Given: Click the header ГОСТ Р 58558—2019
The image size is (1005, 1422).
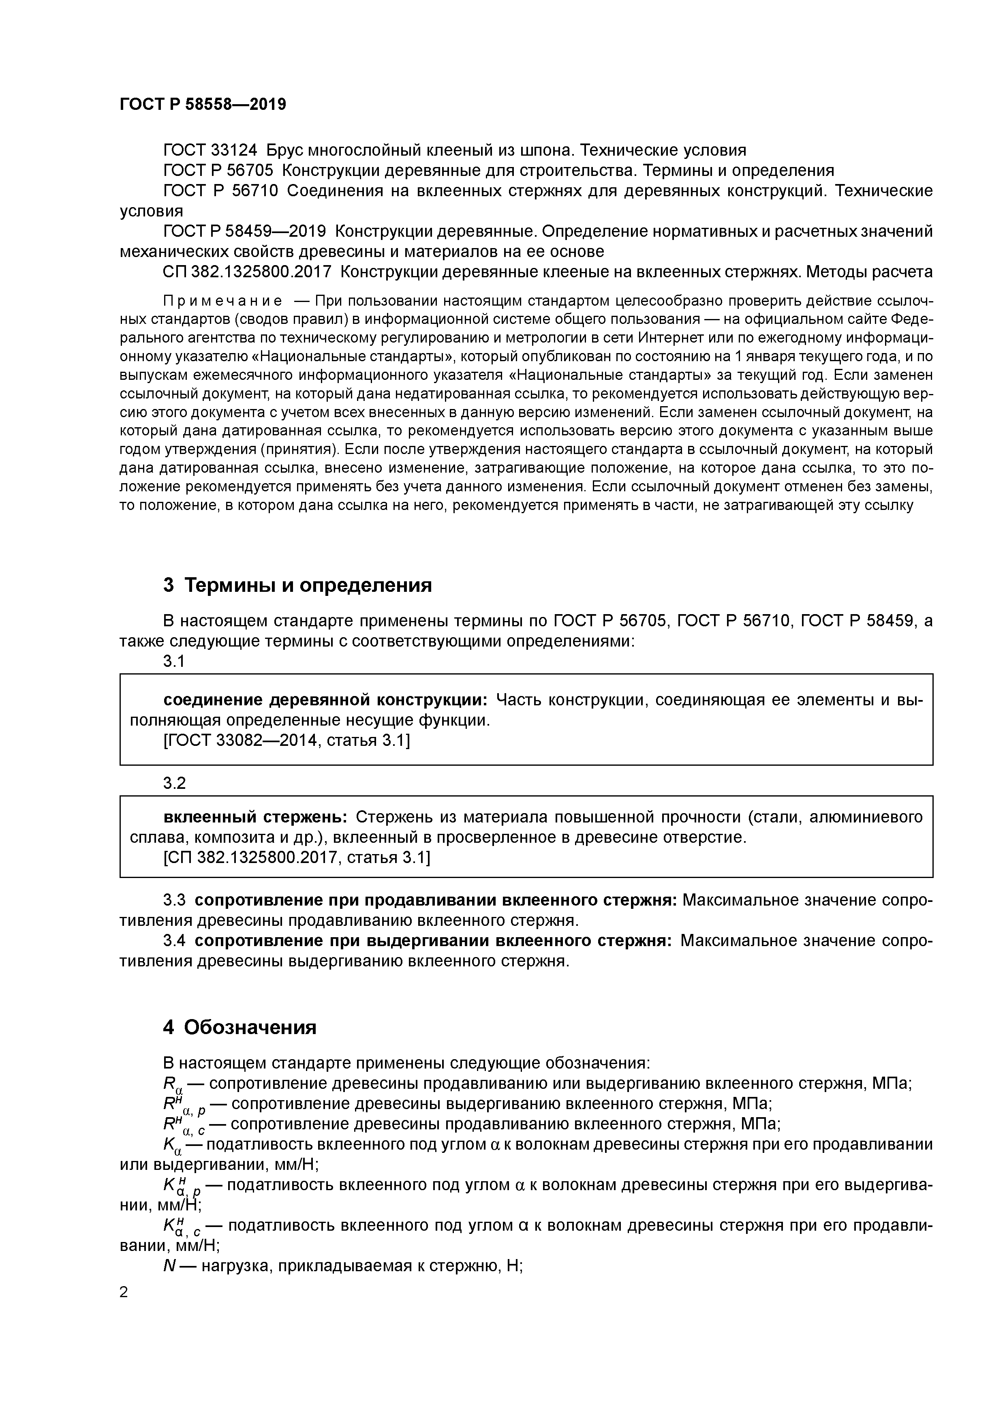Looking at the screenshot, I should [203, 105].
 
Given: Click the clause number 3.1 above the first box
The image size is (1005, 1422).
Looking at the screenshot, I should [174, 662].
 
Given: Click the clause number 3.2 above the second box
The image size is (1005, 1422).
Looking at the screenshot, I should [174, 784].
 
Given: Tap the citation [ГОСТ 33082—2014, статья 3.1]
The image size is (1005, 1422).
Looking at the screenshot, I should [286, 741].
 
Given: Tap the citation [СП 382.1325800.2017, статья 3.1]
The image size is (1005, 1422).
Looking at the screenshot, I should [296, 858].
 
